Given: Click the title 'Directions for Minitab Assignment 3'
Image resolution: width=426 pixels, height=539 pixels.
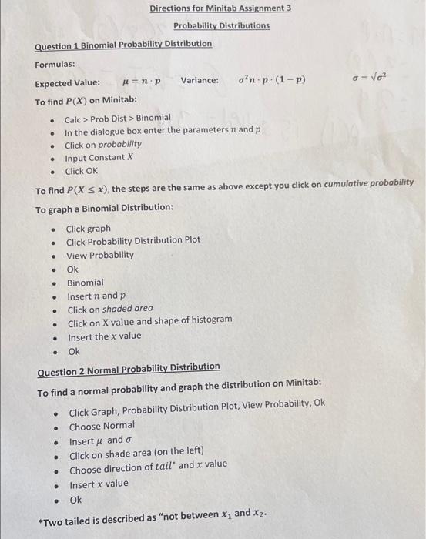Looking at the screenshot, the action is [220, 8].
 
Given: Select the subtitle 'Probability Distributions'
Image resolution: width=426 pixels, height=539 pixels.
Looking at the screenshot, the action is [221, 25].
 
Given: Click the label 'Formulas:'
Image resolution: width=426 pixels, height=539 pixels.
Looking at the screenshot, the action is [55, 64].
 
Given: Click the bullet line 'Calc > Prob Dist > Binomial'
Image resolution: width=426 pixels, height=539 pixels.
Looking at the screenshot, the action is [117, 118].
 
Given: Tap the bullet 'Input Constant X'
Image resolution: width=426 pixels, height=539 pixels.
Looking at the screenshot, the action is [99, 158].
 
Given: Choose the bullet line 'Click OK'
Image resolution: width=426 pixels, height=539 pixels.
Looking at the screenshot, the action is [82, 171].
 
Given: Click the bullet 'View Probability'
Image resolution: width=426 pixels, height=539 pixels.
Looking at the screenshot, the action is [99, 255].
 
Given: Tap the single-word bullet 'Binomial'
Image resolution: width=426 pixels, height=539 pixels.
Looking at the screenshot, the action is [85, 283].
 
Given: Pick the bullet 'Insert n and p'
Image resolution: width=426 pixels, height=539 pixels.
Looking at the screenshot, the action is [96, 296].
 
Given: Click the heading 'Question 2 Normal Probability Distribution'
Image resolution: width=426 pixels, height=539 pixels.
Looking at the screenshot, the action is [129, 367].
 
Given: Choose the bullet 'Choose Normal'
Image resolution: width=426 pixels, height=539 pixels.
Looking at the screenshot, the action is [102, 426].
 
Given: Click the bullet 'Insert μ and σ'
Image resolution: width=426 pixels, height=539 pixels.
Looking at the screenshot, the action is [96, 440].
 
